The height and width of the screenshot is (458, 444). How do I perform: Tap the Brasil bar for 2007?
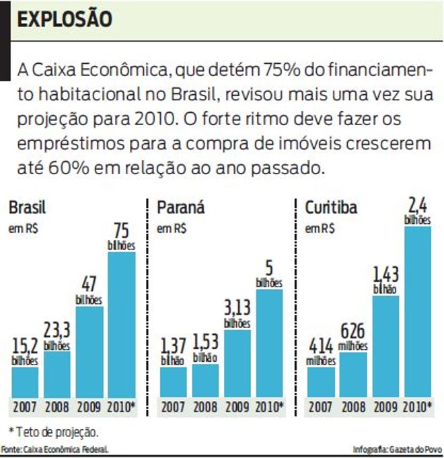[x=25, y=381]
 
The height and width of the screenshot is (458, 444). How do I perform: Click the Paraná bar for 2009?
[x=237, y=363]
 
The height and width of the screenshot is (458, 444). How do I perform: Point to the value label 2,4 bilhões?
[x=418, y=209]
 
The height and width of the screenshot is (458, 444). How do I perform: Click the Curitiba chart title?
[x=331, y=208]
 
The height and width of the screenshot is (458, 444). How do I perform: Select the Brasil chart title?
[x=27, y=208]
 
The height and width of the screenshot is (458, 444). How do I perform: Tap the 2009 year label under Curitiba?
[x=385, y=406]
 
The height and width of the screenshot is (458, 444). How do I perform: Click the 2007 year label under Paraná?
[x=173, y=406]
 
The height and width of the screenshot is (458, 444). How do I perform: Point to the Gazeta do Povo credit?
[x=396, y=449]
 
